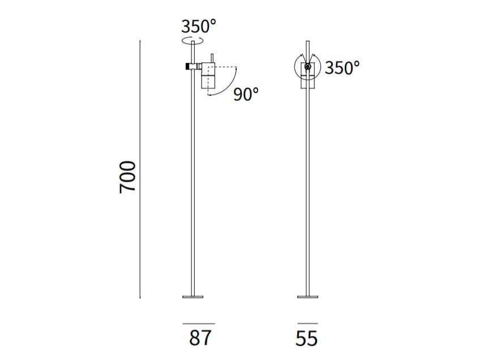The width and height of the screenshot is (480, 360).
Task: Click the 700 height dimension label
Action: pyautogui.click(x=127, y=177)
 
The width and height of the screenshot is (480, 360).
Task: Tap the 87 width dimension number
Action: pyautogui.click(x=200, y=338)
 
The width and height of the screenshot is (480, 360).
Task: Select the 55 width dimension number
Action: pyautogui.click(x=306, y=338)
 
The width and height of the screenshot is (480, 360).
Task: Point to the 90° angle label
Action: pyautogui.click(x=246, y=94)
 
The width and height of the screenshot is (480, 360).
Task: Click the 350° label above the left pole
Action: pyautogui.click(x=199, y=26)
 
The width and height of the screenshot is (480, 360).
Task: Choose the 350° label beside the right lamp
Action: pyautogui.click(x=342, y=68)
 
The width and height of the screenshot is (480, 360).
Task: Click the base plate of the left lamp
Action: pyautogui.click(x=193, y=297)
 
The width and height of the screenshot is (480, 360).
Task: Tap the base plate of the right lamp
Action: pyautogui.click(x=308, y=297)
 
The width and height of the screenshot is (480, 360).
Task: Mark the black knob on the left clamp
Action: pyautogui.click(x=187, y=66)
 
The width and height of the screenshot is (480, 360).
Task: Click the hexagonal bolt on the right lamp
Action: pyautogui.click(x=308, y=66)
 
